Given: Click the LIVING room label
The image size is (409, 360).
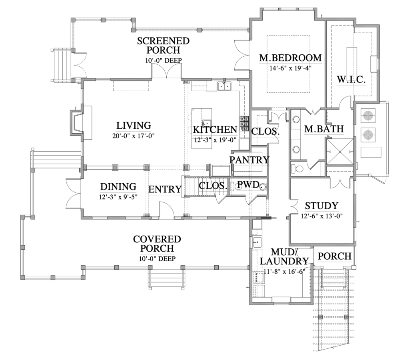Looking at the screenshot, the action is click(134, 126).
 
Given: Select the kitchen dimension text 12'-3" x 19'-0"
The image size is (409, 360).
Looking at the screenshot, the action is click(215, 140).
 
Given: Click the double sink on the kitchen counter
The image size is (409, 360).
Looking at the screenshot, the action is click(225, 86).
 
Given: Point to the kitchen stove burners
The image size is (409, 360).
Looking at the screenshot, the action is click(244, 124).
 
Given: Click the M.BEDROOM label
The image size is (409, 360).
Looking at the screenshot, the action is click(290, 58).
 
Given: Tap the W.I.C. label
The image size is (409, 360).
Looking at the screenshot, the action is click(351, 79).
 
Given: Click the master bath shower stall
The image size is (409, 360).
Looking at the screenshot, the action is click(340, 152).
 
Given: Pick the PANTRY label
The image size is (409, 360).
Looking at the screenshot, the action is click(249, 160).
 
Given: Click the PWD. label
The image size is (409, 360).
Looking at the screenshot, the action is click(248, 184).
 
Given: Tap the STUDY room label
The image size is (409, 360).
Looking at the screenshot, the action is click(321, 206).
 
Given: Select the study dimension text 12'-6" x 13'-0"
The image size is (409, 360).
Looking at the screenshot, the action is click(321, 216).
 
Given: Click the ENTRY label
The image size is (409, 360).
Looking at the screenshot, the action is click(165, 189).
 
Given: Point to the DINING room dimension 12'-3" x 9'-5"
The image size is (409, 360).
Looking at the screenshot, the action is click(118, 196).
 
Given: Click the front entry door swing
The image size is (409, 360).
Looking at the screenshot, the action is click(166, 210).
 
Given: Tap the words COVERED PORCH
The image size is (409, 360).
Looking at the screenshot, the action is click(157, 244).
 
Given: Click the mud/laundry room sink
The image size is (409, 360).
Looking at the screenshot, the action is click(257, 242).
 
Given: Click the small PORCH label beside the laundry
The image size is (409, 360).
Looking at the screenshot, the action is click(334, 256).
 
